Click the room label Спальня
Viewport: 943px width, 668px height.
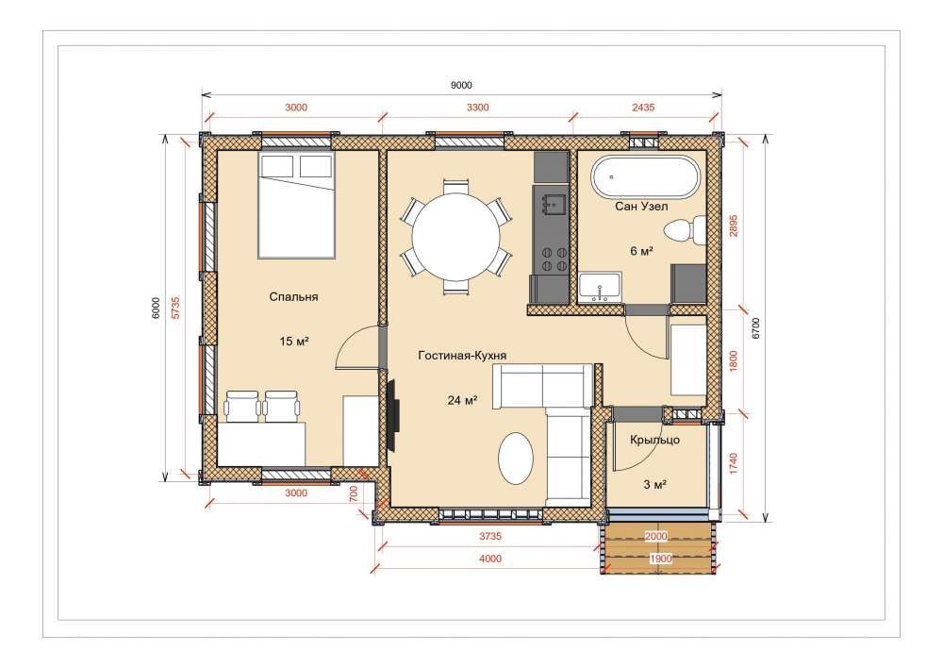point(293,296)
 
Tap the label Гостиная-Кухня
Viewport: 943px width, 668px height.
point(462,356)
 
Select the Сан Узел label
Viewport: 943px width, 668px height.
point(641,207)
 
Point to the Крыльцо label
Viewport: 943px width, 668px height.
point(655,440)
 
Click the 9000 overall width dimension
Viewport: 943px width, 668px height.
point(461,86)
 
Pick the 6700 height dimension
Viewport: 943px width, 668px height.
point(756,328)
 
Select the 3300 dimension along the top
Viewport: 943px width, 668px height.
point(477,108)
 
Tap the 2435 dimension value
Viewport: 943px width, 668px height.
point(643,108)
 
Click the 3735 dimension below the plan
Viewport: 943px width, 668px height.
point(490,536)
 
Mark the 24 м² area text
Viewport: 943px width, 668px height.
point(462,400)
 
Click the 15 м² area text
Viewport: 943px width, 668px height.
point(294,342)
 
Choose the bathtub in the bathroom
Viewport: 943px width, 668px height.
point(646,176)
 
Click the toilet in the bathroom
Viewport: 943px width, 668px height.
point(685,230)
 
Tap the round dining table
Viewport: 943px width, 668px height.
point(455,236)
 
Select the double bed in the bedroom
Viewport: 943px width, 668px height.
point(296,205)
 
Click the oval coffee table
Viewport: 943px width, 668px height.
point(516,459)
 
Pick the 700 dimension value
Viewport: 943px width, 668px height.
point(354,493)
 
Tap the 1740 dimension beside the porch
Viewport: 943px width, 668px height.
point(733,463)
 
